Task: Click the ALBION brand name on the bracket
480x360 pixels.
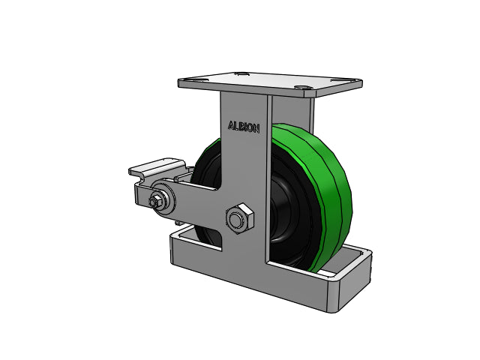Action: (x=244, y=127)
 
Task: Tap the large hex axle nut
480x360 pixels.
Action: (x=240, y=218)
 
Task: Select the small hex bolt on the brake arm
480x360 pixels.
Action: (x=154, y=201)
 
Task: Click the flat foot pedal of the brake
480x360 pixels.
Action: (x=157, y=167)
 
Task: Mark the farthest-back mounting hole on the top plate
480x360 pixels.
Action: (x=241, y=73)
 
